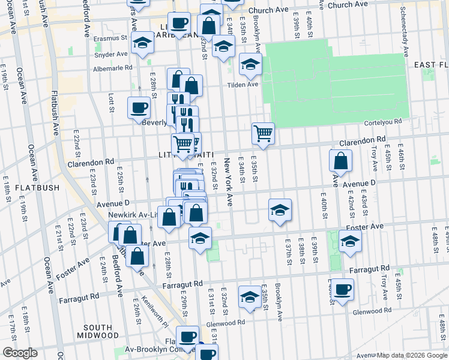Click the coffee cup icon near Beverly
(x=139, y=108)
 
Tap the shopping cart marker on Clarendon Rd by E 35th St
(x=263, y=133)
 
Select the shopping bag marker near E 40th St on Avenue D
(x=340, y=161)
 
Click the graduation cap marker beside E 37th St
(x=280, y=210)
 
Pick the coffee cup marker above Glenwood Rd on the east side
(x=342, y=290)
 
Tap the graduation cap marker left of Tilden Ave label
(x=250, y=64)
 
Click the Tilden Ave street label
(x=242, y=85)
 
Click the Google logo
(x=20, y=353)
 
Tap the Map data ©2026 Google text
(x=412, y=355)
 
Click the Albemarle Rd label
(x=112, y=68)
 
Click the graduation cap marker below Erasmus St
(x=143, y=43)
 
